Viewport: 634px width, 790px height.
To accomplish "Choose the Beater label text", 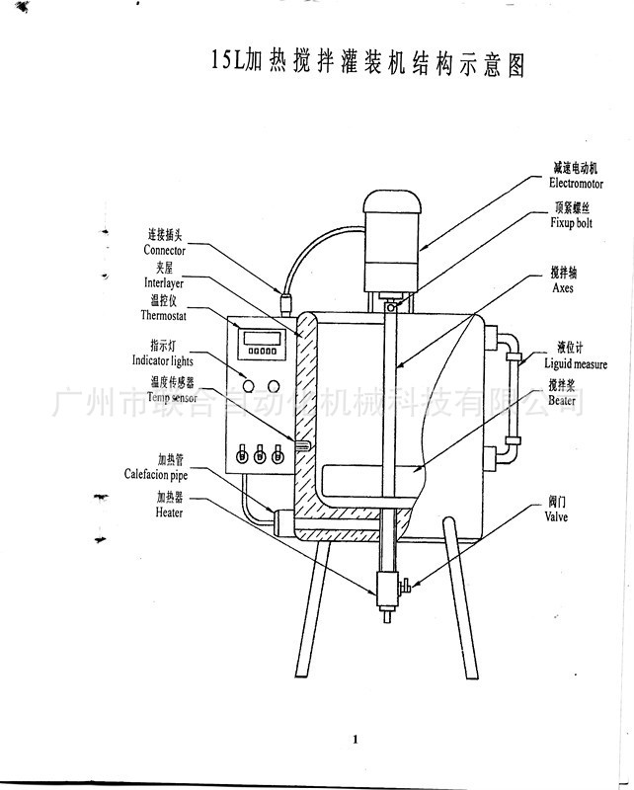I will tap(563, 395).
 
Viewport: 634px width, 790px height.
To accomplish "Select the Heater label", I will tap(168, 506).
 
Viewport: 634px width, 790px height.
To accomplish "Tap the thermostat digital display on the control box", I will tap(264, 339).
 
